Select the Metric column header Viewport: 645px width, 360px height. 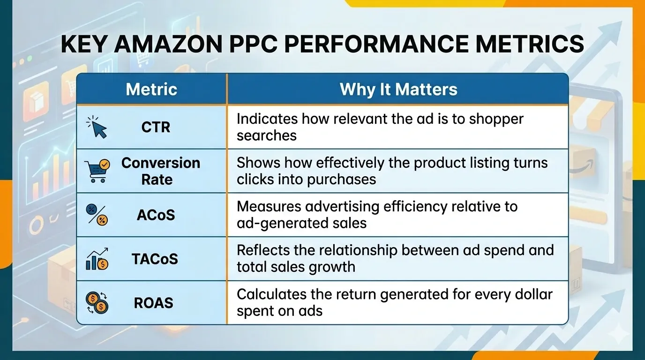(151, 89)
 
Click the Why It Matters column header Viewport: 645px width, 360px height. (398, 89)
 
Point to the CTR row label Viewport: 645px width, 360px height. (156, 127)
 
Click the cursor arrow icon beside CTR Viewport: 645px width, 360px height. (97, 127)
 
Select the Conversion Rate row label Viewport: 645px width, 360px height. (160, 171)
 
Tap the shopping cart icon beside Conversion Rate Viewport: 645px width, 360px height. (97, 171)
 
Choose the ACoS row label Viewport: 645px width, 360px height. (156, 215)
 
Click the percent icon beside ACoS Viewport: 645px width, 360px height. (97, 215)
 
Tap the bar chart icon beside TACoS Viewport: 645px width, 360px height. (97, 259)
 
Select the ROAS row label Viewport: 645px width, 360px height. (154, 302)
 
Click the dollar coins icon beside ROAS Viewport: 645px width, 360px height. (97, 302)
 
